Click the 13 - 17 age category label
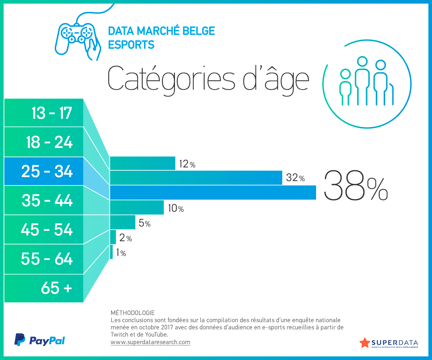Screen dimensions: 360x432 pyautogui.click(x=51, y=113)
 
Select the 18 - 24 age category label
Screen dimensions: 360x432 pyautogui.click(x=49, y=143)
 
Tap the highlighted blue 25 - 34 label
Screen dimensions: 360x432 pyautogui.click(x=47, y=172)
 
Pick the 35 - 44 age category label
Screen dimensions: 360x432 pyautogui.click(x=47, y=201)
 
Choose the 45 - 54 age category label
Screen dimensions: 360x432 pyautogui.click(x=47, y=230)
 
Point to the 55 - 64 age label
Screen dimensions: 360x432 pyautogui.click(x=47, y=259)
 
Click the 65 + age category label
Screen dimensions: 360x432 pyautogui.click(x=57, y=288)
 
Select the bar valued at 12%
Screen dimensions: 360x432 pyautogui.click(x=142, y=163)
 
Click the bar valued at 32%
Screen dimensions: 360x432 pyautogui.click(x=196, y=178)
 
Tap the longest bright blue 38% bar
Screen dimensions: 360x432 pyautogui.click(x=213, y=193)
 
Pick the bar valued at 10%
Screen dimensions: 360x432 pyautogui.click(x=137, y=207)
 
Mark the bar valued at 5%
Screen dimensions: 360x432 pyautogui.click(x=122, y=222)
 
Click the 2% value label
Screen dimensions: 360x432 pyautogui.click(x=125, y=238)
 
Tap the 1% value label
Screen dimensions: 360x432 pyautogui.click(x=121, y=253)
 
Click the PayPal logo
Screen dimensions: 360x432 pyautogui.click(x=40, y=340)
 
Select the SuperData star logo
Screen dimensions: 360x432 pyautogui.click(x=365, y=342)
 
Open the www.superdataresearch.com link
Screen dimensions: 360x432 pyautogui.click(x=150, y=342)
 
